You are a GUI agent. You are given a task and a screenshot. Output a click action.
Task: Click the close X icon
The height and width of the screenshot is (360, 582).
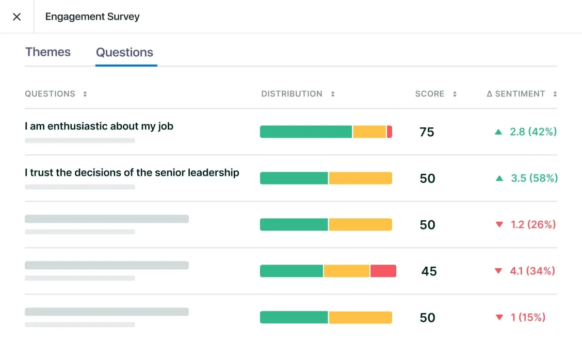[x=17, y=17]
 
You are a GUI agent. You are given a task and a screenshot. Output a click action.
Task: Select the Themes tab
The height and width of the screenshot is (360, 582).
[x=48, y=52]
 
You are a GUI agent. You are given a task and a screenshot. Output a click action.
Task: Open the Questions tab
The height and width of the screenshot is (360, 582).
[x=125, y=52]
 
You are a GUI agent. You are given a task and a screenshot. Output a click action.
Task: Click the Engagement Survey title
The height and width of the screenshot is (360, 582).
[x=92, y=17]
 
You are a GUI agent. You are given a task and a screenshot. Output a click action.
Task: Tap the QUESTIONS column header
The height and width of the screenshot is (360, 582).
[x=50, y=94]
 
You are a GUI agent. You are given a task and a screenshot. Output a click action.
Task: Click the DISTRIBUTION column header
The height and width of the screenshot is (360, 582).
[x=292, y=94]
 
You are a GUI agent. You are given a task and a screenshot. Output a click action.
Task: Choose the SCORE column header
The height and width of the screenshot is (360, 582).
[x=430, y=94]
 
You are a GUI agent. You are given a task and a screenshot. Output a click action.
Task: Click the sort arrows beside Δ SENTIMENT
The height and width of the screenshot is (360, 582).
[x=555, y=94]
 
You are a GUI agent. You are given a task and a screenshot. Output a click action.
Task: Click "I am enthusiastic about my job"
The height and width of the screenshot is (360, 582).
[x=99, y=126]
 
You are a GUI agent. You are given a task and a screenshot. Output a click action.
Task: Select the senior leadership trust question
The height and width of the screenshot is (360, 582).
[x=132, y=172]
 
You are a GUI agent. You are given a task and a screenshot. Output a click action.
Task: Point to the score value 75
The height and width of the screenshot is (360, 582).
[x=427, y=132]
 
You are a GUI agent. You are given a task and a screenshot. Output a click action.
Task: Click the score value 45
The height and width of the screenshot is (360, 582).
[x=429, y=271]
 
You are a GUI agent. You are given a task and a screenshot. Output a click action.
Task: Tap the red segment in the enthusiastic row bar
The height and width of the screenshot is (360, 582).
[x=390, y=132]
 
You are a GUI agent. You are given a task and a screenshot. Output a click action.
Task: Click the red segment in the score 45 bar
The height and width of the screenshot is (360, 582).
[x=383, y=271]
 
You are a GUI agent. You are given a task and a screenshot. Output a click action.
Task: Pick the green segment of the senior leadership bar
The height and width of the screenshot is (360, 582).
[x=294, y=178]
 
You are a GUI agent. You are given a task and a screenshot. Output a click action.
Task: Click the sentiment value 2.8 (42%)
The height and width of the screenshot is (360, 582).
[x=533, y=132]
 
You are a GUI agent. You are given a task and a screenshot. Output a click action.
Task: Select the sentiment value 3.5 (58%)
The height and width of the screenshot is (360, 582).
[x=534, y=178]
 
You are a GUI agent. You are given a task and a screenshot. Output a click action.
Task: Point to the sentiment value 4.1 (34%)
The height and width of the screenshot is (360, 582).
[x=532, y=271]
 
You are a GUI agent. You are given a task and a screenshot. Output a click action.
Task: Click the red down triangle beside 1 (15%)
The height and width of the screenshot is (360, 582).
[x=499, y=318]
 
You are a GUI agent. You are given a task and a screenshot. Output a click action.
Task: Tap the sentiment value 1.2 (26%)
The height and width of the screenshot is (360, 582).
[x=533, y=224]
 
